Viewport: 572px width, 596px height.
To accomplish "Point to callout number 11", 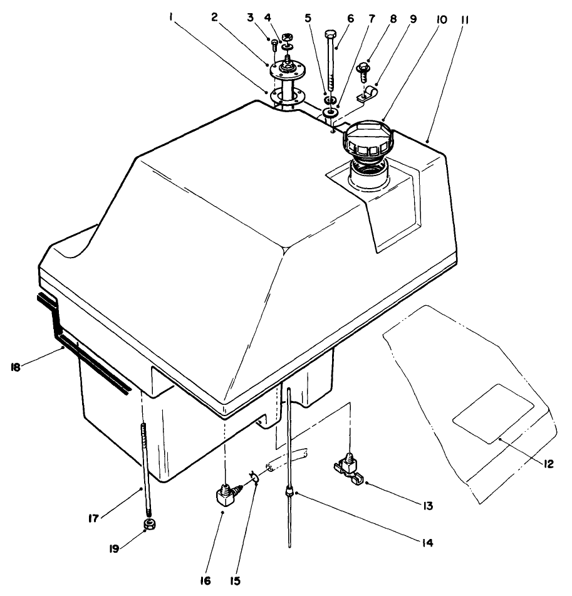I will [466, 18].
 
